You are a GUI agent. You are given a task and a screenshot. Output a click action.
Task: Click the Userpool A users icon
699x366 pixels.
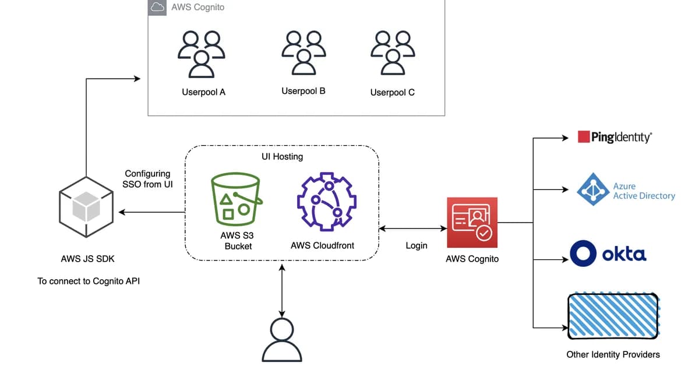coord(202,54)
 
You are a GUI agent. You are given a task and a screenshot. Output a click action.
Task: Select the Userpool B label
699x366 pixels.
coord(303,91)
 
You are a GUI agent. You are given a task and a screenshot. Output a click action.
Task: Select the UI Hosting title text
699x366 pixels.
coord(282,157)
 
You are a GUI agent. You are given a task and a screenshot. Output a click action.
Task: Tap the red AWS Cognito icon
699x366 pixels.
coord(472,222)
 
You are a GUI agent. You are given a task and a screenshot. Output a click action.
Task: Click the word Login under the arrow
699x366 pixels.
coord(416,245)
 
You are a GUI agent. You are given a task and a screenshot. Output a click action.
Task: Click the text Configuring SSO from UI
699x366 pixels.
coord(147,178)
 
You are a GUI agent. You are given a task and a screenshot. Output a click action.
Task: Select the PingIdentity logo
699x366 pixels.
coord(615,137)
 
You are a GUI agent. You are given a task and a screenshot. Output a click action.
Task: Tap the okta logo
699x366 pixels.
coord(608,255)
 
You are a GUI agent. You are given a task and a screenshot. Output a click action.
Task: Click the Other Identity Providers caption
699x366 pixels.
coord(613,354)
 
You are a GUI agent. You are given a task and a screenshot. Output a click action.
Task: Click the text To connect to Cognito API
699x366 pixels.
coord(89,281)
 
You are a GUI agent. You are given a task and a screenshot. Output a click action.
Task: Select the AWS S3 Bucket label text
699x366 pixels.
coord(238,241)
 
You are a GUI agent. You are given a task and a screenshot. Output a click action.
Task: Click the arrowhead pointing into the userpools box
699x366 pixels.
coord(137,78)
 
